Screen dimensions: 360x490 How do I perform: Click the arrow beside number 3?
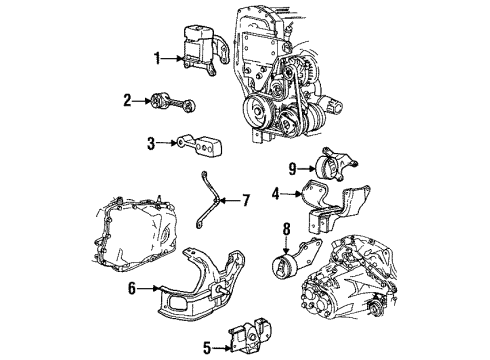(168, 144)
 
